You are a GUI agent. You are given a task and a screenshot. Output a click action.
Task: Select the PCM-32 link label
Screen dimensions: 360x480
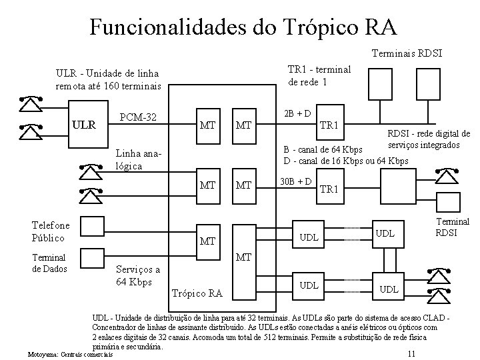[x=139, y=118]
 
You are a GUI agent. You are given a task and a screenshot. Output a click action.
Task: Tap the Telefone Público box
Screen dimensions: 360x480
[x=54, y=231]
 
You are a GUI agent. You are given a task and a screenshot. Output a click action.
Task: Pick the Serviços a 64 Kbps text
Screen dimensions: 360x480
[x=137, y=275]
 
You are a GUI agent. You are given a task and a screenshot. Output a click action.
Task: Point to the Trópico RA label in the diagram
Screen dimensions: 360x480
[x=197, y=293]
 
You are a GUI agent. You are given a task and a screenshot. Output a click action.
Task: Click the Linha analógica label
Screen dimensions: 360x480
[x=138, y=159]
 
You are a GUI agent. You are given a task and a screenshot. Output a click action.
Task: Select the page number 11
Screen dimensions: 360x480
[x=411, y=353]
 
